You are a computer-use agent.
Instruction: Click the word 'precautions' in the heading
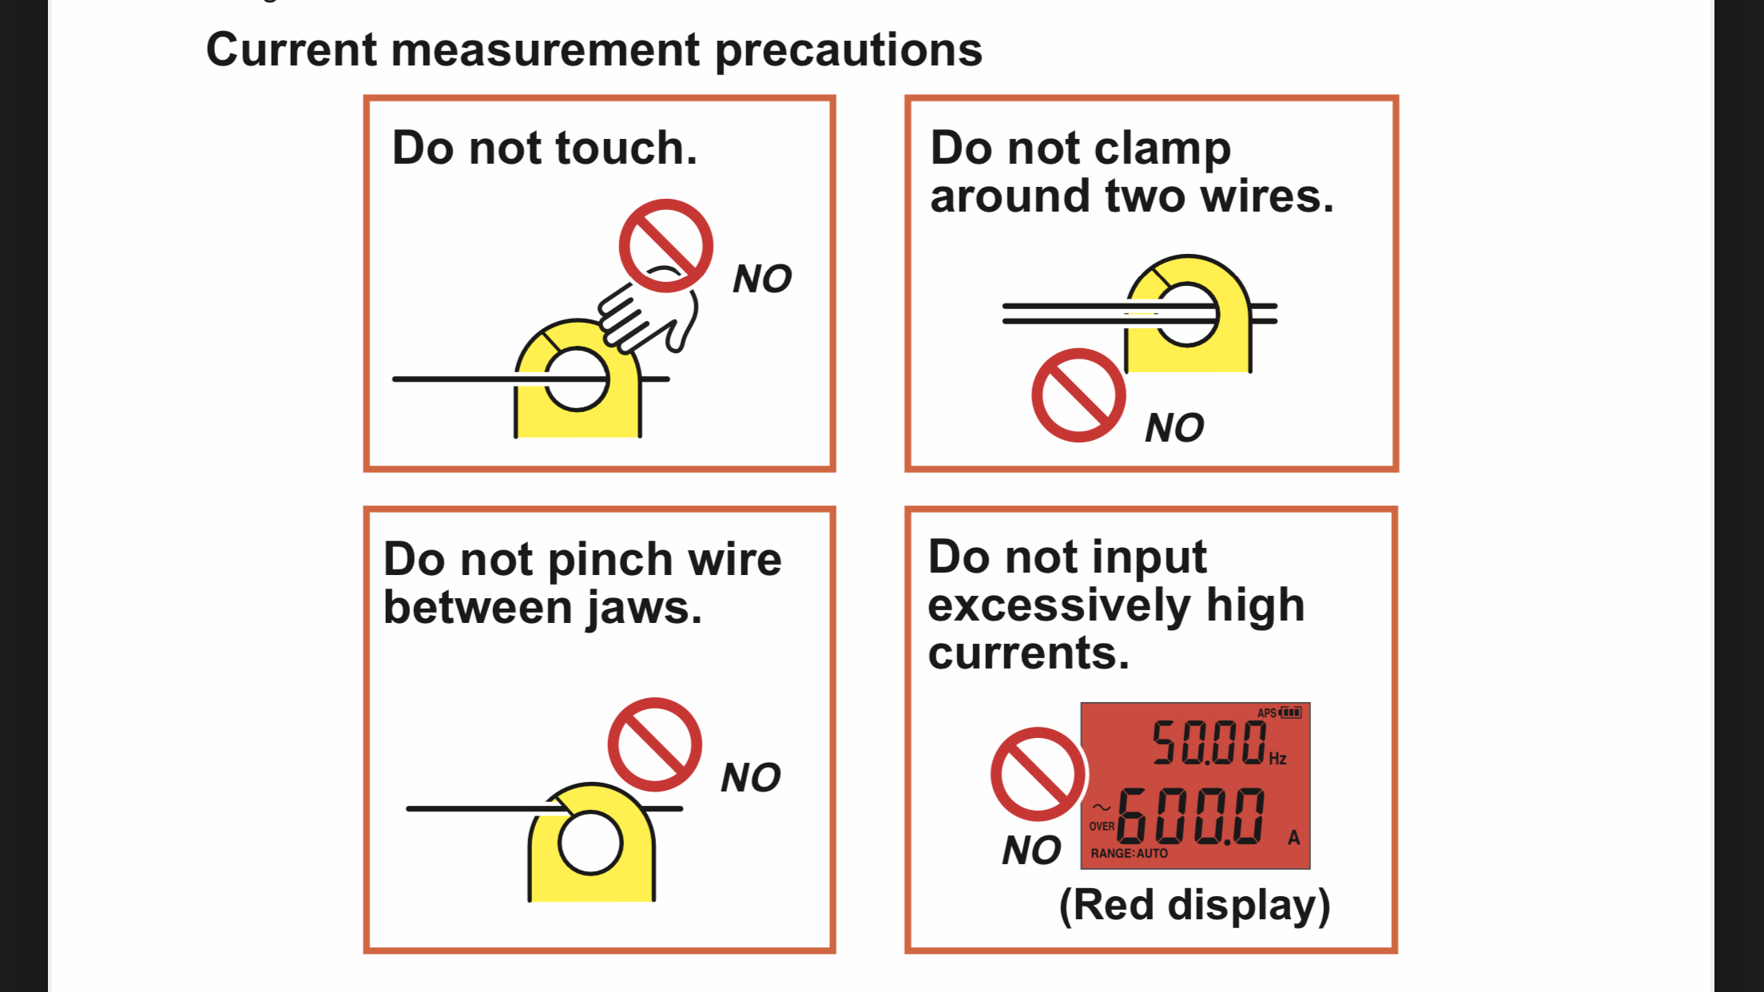coord(848,51)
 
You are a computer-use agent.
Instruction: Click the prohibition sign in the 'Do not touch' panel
coord(665,245)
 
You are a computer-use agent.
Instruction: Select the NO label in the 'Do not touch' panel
coord(762,280)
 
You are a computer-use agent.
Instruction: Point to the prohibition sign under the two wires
coord(1079,395)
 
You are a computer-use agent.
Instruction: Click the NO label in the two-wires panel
coord(1174,428)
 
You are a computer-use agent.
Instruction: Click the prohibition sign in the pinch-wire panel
coord(654,744)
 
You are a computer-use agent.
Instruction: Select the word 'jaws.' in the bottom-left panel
coord(645,609)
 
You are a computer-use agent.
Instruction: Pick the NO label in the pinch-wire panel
coord(750,778)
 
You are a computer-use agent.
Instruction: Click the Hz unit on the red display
coord(1277,759)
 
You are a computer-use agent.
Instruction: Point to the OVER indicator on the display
coord(1102,827)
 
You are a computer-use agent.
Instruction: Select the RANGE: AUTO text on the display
coord(1129,854)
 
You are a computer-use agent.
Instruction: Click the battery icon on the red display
coord(1291,712)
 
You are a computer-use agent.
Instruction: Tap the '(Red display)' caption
coord(1194,906)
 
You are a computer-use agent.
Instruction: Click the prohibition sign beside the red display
coord(1038,774)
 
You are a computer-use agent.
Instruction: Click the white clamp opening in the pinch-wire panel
coord(590,843)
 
